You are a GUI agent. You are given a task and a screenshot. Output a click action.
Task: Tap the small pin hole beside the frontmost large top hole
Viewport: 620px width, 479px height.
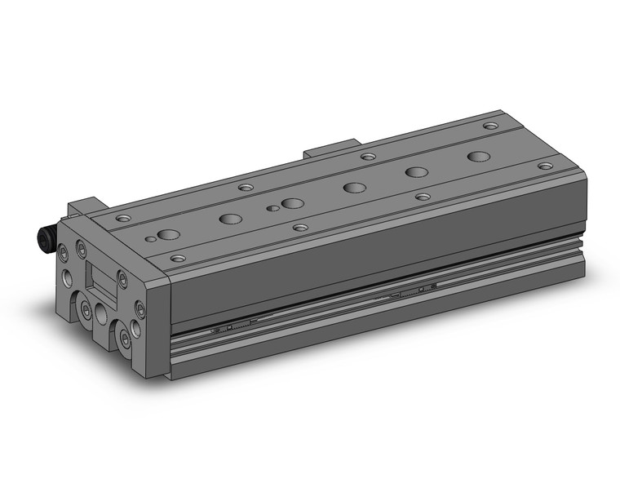pos(149,240)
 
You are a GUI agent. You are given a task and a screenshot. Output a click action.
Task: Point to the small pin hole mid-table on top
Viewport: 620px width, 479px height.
pos(272,209)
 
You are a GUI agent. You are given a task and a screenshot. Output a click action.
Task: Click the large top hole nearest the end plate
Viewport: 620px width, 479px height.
pos(169,235)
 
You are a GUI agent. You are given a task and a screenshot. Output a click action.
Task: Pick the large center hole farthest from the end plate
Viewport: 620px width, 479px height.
pos(479,156)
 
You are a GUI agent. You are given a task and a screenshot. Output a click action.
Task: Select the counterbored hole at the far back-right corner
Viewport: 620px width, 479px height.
pos(490,126)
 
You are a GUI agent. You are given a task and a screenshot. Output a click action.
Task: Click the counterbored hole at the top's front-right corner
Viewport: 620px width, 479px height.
pos(545,166)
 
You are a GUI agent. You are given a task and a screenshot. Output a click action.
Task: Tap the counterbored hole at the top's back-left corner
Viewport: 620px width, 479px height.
pos(123,219)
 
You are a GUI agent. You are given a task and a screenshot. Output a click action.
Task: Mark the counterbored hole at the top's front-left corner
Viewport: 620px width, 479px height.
pos(178,259)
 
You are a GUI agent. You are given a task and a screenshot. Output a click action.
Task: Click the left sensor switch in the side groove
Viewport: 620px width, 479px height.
pos(232,327)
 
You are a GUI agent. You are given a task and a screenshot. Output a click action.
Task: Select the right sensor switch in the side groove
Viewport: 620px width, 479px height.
pos(412,290)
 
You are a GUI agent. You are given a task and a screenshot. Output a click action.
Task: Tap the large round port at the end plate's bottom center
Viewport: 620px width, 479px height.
pos(101,313)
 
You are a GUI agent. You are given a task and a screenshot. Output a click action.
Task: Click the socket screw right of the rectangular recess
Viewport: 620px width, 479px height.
pos(122,280)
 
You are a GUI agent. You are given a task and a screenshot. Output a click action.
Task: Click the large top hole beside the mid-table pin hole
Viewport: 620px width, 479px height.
pos(293,203)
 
